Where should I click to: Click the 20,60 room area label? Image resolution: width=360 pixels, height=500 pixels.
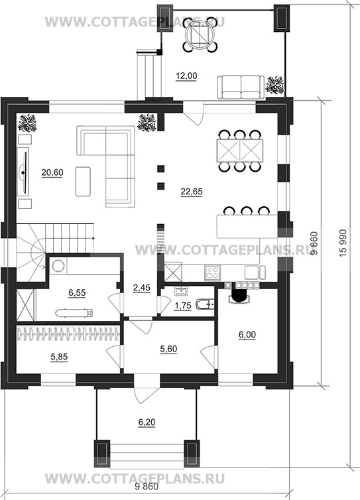click(52, 172)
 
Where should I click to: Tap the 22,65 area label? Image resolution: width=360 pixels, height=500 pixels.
click(192, 192)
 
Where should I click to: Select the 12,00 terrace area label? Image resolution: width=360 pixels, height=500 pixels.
click(186, 76)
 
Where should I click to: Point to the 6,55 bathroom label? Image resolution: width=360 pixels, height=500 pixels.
click(77, 292)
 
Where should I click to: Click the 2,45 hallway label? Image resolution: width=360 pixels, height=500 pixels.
click(141, 288)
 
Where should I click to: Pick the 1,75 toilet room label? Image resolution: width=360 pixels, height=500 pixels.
click(183, 306)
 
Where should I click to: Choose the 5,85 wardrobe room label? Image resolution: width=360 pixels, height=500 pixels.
click(59, 357)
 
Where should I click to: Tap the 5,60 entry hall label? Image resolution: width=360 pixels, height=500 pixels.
click(168, 349)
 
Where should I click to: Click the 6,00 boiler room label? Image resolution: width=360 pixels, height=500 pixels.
click(247, 334)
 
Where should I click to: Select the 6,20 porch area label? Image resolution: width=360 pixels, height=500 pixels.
click(147, 422)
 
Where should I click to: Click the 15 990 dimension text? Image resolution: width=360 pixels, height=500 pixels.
click(343, 243)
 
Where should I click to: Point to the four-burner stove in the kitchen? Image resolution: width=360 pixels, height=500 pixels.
click(212, 273)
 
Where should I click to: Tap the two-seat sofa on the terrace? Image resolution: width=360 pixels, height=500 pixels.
click(241, 87)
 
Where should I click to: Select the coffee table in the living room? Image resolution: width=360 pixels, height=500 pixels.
click(83, 182)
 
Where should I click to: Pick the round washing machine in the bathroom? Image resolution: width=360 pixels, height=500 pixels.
click(58, 267)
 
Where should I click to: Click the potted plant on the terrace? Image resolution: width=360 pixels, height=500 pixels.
click(275, 85)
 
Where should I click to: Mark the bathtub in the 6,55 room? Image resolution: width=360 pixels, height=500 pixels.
click(75, 313)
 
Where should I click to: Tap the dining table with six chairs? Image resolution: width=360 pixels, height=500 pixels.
click(240, 151)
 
